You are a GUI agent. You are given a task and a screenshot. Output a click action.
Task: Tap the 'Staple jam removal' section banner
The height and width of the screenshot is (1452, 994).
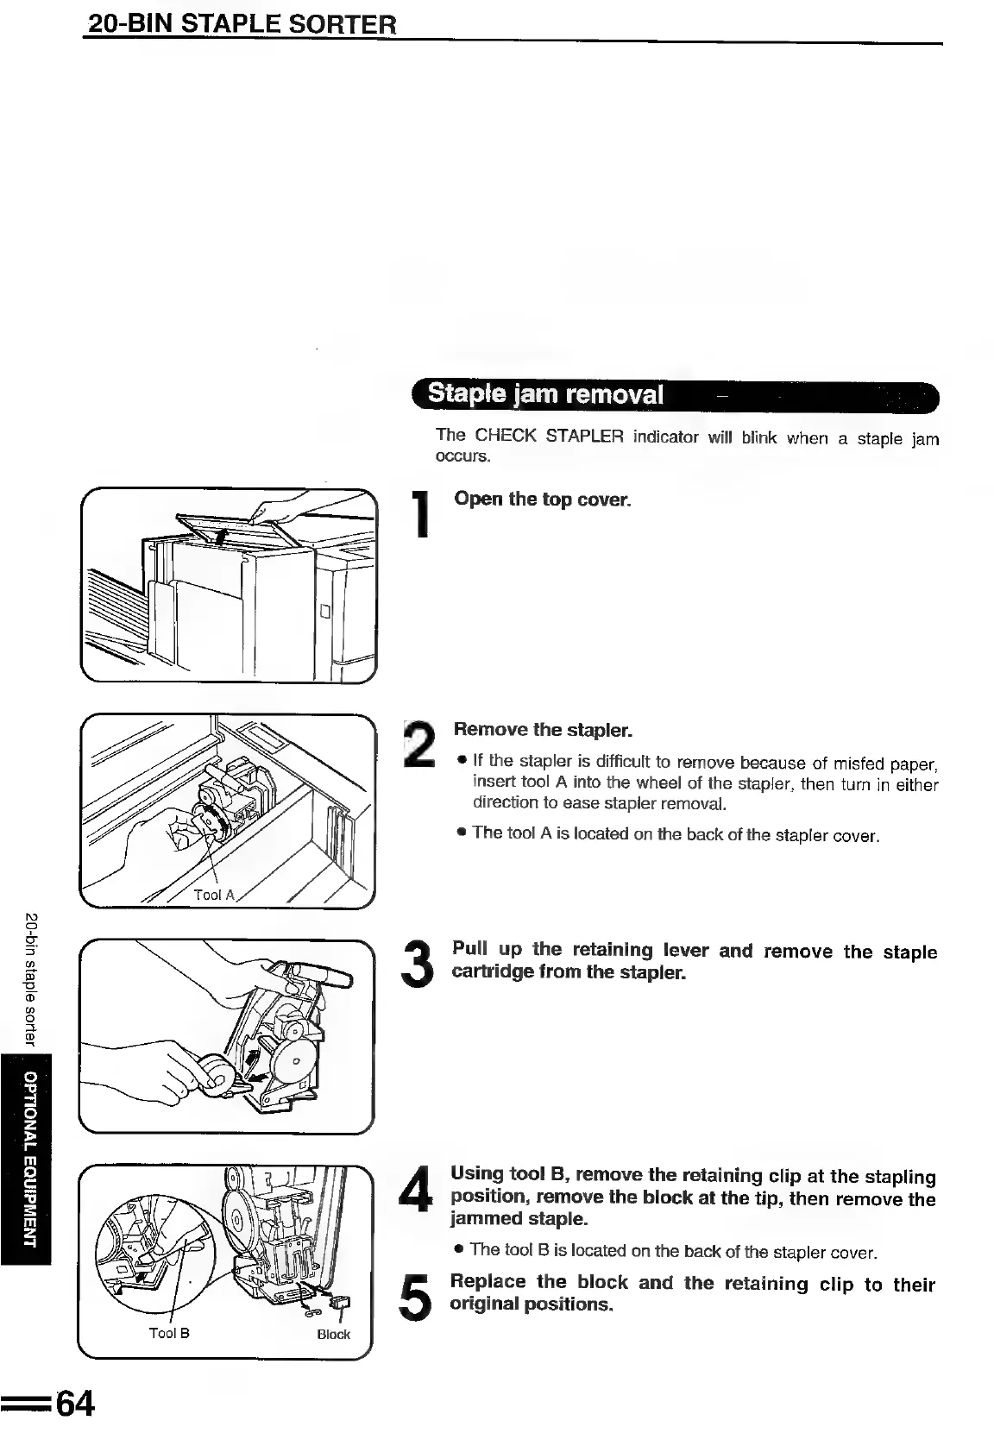(546, 395)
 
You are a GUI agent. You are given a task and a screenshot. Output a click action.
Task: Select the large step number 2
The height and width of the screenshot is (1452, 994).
(422, 745)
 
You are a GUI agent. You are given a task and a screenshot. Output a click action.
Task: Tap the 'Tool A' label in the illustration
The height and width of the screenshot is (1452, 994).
(213, 895)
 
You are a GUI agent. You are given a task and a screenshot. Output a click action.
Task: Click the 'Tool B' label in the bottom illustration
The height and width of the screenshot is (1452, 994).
(169, 1333)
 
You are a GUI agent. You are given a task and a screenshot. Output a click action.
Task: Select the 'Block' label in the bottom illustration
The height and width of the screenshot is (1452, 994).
(333, 1335)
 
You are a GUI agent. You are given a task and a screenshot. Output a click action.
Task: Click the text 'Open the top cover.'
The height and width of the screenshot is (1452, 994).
(542, 500)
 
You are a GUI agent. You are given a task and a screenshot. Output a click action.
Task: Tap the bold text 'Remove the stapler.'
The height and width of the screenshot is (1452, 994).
(544, 730)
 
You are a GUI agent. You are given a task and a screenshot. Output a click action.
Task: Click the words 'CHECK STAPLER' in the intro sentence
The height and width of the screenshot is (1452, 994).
(549, 436)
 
